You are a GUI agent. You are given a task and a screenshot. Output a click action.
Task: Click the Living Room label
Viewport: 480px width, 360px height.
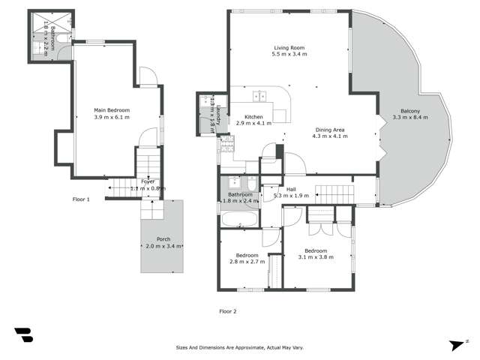click(x=289, y=46)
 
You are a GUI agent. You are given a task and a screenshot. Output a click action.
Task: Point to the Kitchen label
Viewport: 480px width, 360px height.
click(x=253, y=117)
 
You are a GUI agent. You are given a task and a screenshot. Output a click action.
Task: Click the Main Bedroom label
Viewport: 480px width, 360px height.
click(x=112, y=109)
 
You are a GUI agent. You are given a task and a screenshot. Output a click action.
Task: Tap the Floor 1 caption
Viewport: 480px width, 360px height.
click(x=81, y=199)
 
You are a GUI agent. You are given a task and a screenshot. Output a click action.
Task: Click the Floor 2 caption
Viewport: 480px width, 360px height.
click(x=228, y=310)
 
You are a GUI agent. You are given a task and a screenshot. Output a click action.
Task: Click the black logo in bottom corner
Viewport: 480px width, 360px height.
click(x=23, y=335)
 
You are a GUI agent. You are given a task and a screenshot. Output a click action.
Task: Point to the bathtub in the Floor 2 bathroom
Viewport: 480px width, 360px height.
click(x=238, y=219)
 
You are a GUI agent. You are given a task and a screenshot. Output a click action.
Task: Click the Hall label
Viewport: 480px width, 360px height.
click(x=291, y=189)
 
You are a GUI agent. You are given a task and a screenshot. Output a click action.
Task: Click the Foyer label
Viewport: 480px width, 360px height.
click(x=148, y=181)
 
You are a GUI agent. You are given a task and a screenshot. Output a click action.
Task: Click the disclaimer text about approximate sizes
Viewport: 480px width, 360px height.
click(x=239, y=348)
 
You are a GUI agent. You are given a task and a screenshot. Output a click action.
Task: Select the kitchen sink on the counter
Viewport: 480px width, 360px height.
click(x=260, y=96)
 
